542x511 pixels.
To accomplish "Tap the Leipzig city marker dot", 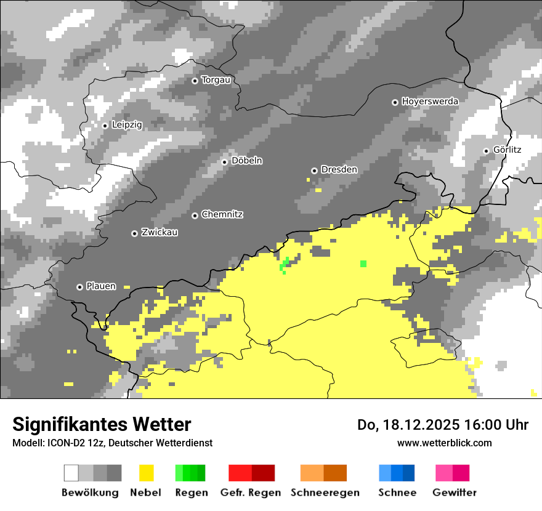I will click(105, 126).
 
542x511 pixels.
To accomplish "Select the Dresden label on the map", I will click(339, 170).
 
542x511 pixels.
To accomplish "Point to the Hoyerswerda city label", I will click(430, 102).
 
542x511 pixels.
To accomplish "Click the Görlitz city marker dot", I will click(486, 151).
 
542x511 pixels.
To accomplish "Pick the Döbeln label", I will click(246, 161).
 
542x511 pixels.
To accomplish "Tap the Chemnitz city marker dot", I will click(195, 215).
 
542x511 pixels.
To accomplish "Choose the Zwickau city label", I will click(160, 233).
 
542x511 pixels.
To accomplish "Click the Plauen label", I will click(101, 287).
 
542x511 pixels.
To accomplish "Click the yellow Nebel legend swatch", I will click(147, 473).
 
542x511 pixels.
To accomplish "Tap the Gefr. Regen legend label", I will click(251, 493).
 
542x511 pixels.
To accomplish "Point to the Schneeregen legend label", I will click(325, 493).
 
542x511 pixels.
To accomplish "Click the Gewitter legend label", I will click(455, 493).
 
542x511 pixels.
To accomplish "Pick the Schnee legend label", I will click(397, 493).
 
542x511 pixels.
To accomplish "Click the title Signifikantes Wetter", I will click(102, 425).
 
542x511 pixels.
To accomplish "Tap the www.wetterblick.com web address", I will click(444, 443).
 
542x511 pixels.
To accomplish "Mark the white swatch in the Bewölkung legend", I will click(71, 473).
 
